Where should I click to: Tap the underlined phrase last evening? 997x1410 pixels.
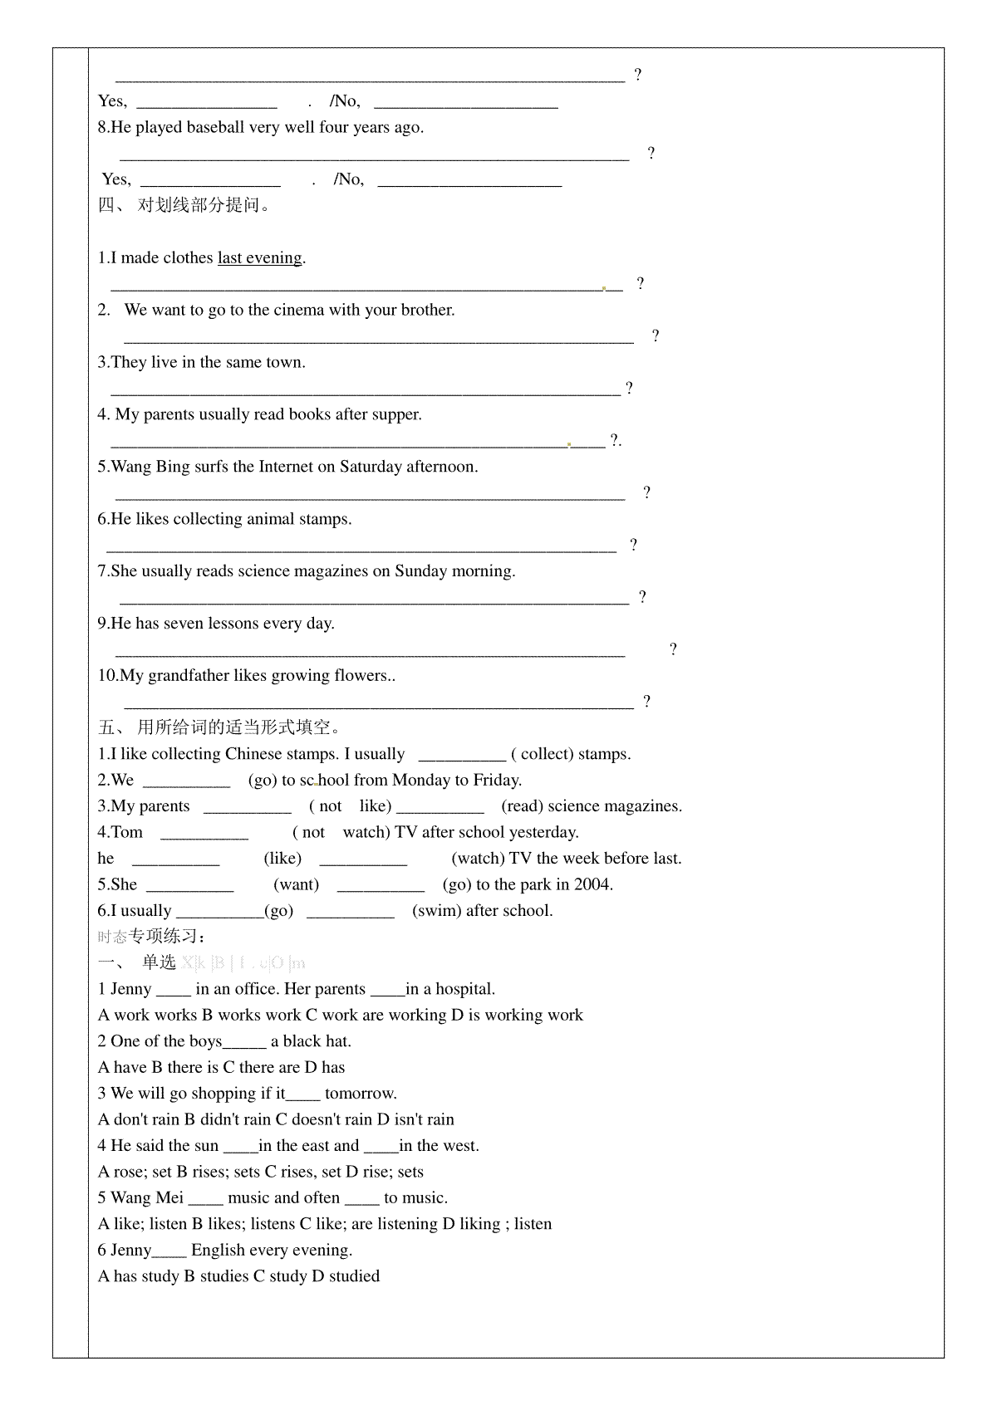(x=259, y=258)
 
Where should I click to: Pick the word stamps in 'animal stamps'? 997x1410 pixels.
(x=324, y=519)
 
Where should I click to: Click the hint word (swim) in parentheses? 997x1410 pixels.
(x=436, y=911)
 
